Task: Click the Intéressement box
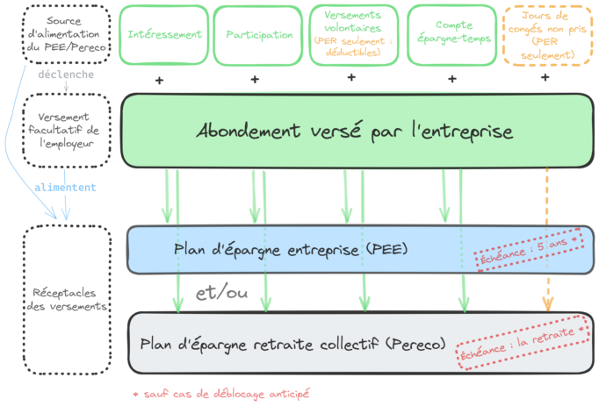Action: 164,35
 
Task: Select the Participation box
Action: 259,35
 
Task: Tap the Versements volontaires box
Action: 352,35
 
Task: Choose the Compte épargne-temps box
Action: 451,35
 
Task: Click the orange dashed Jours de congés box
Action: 546,36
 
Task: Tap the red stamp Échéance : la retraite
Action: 523,343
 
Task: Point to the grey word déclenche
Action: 66,74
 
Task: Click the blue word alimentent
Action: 66,188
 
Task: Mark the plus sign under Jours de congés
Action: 545,78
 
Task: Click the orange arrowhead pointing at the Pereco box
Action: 548,305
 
